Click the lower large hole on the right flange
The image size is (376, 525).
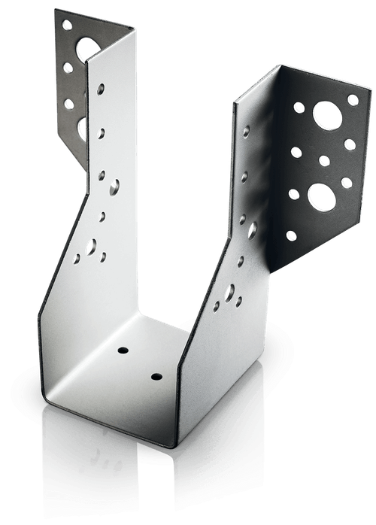point(321,196)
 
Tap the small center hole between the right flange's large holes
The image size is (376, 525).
point(324,160)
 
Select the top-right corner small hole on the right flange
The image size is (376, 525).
point(352,99)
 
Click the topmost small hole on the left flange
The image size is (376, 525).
point(67,26)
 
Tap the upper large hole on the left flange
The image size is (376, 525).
point(88,47)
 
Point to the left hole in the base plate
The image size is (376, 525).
point(123,351)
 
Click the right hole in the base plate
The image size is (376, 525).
point(156,375)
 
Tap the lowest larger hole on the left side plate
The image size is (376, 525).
point(91,246)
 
